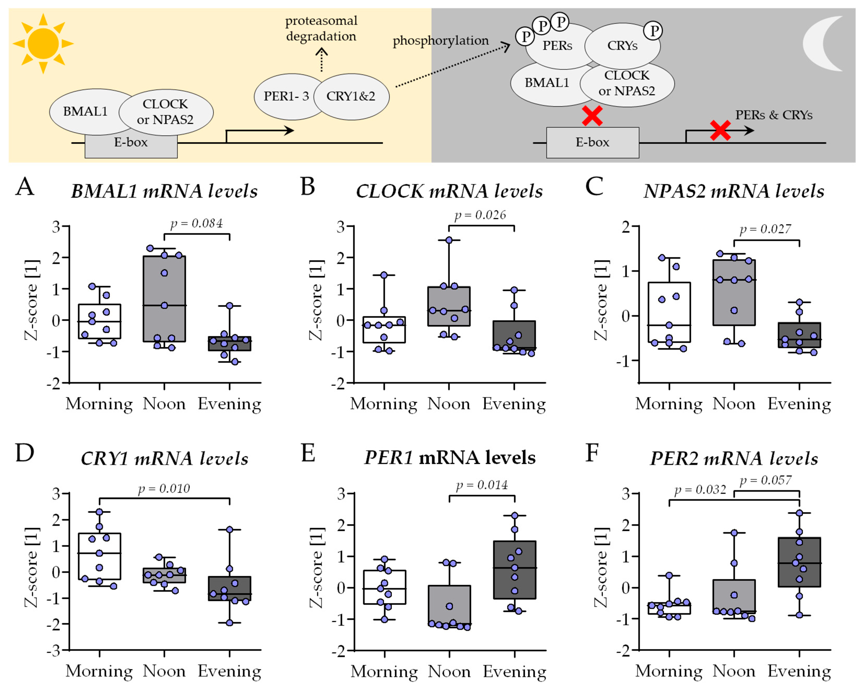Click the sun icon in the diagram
[x=43, y=43]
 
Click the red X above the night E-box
[x=592, y=116]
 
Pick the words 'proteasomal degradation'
[x=321, y=28]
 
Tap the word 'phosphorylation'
[x=440, y=40]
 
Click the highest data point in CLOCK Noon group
[x=449, y=240]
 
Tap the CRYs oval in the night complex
[x=622, y=46]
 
